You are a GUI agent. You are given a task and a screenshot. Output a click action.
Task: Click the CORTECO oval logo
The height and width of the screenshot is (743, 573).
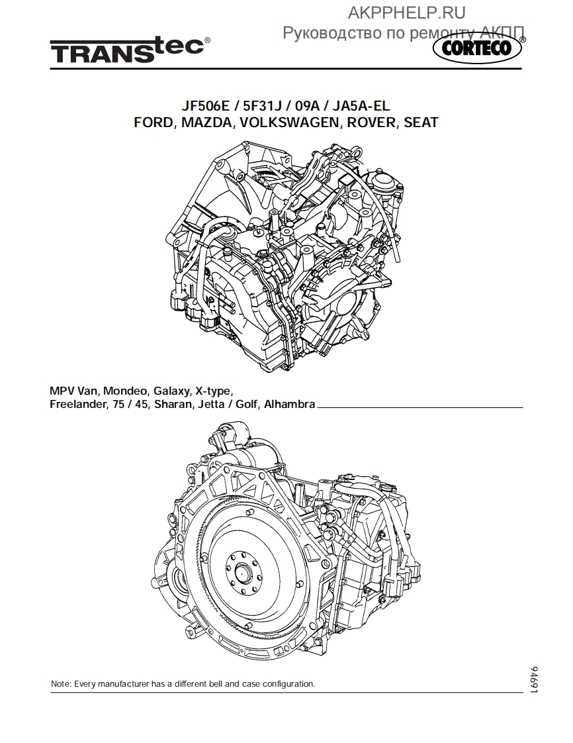coord(477,49)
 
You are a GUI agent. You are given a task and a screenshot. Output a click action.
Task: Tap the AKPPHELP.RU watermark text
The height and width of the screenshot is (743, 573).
coord(407,13)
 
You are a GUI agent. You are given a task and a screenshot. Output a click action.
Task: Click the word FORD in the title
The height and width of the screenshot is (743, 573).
coord(152,123)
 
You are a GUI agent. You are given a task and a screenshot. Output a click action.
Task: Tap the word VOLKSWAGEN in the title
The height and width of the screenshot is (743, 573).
coord(290,123)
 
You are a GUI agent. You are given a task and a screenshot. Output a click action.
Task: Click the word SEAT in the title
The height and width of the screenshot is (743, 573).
coord(421,123)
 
